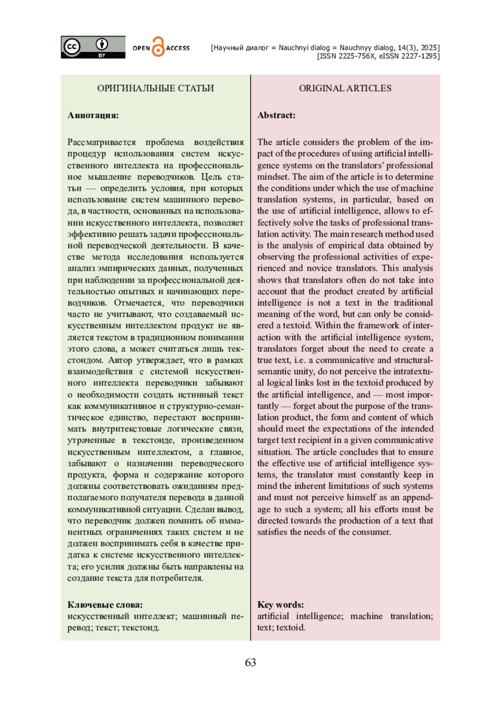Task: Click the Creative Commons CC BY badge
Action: (93, 47)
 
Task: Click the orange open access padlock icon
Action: (158, 47)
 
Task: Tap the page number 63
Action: (250, 662)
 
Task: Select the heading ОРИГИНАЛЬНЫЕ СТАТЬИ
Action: (155, 88)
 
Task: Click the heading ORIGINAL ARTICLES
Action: (345, 88)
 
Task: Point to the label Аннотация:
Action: (93, 115)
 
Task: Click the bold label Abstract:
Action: (276, 115)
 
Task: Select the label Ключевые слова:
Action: (105, 605)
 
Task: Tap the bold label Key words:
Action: (281, 605)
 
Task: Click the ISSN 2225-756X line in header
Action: (378, 56)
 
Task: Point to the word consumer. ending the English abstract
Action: (372, 532)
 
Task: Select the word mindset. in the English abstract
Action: (273, 177)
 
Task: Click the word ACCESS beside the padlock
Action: (178, 48)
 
